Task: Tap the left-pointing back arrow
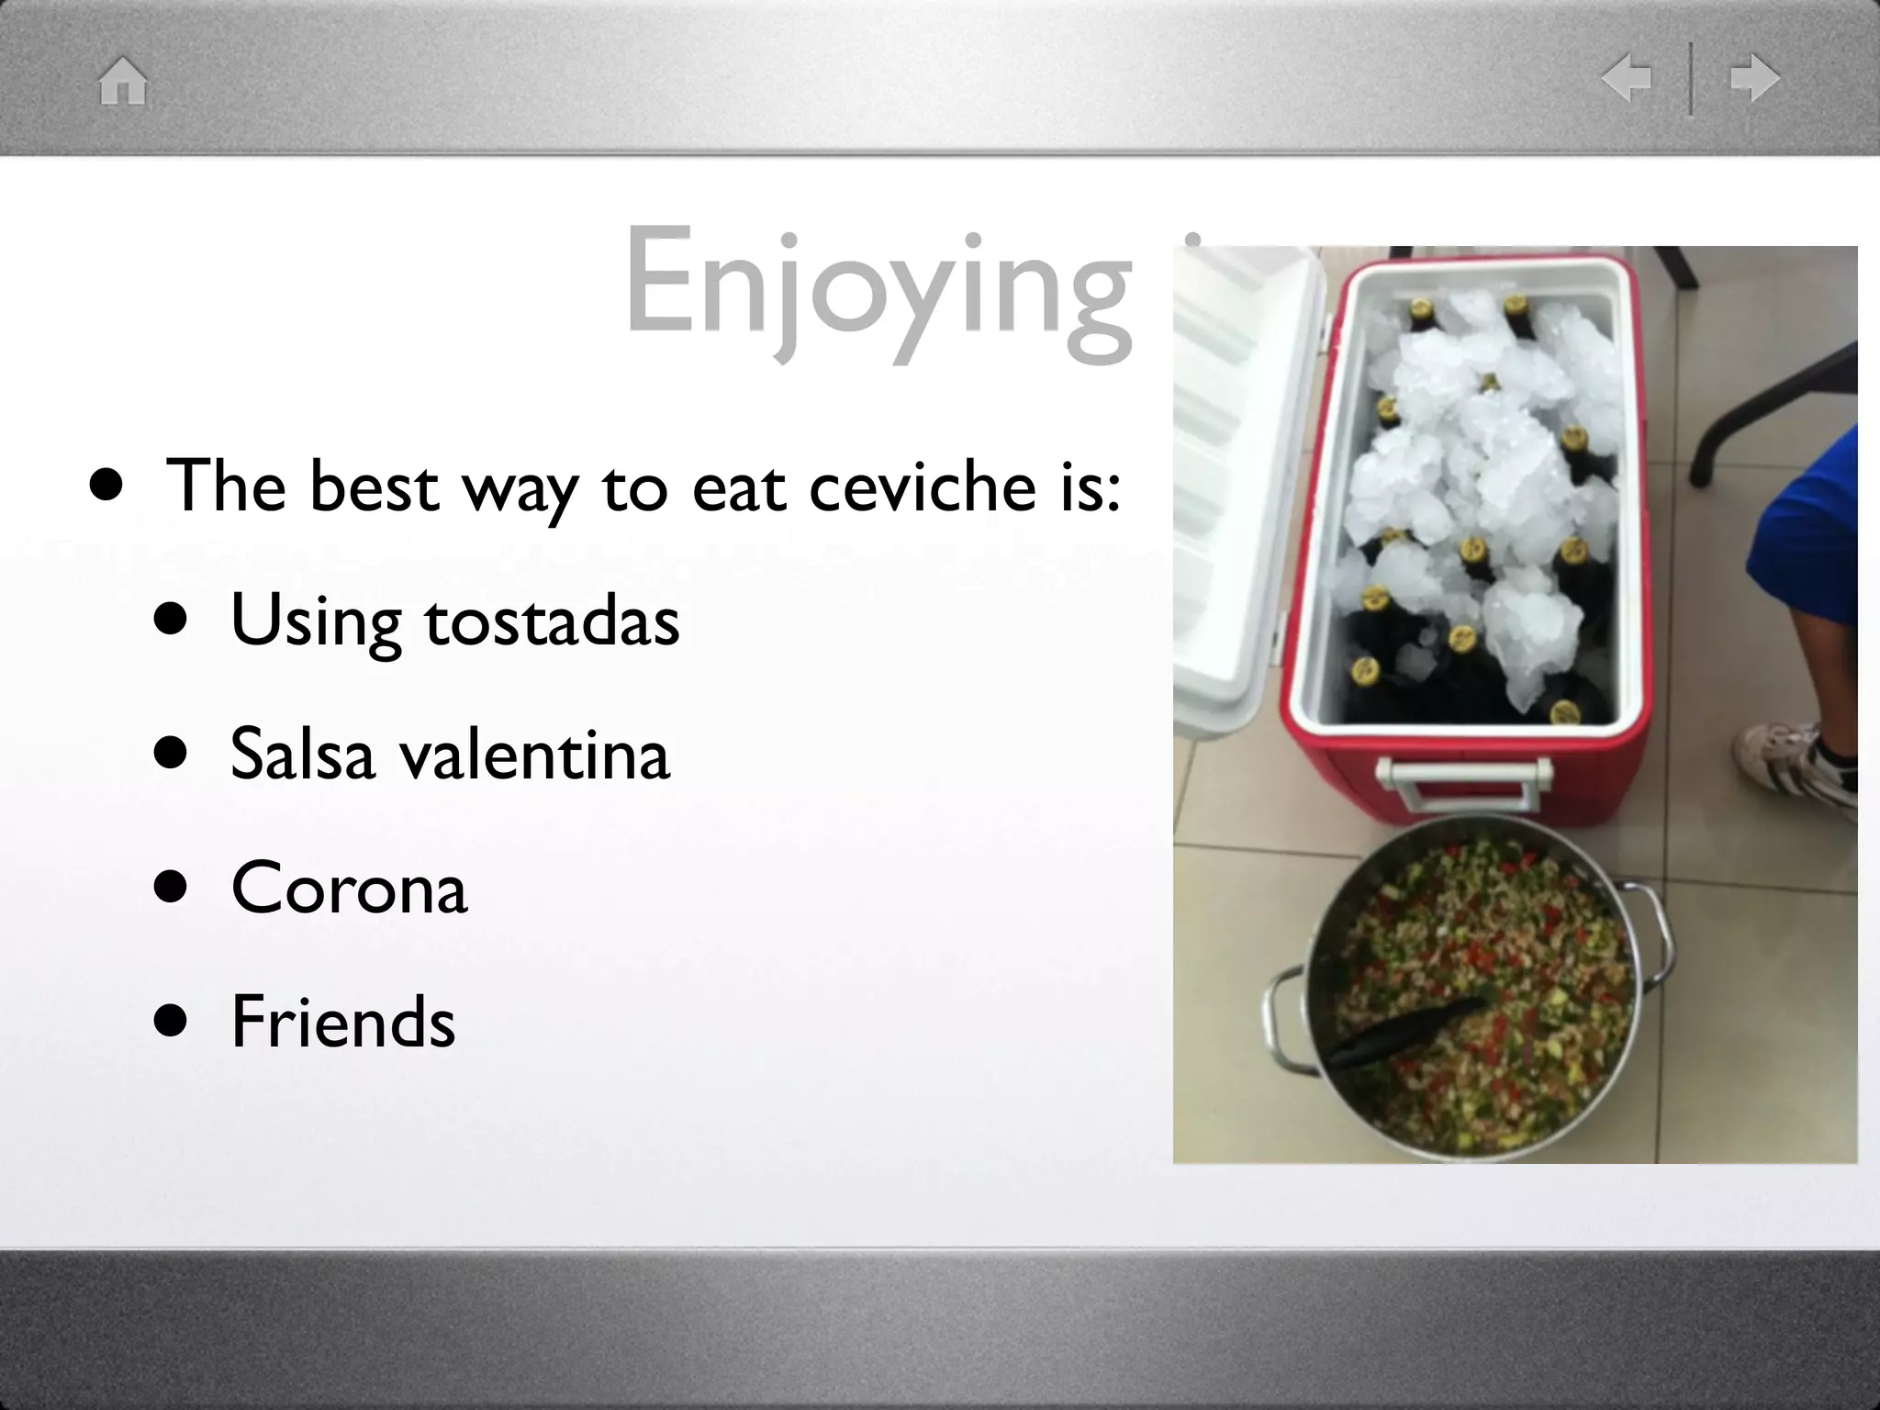(1627, 78)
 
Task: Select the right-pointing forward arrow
(1754, 78)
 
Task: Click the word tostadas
(552, 621)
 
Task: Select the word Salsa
(303, 755)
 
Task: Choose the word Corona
(349, 888)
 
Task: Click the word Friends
(343, 1021)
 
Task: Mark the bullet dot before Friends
(171, 1021)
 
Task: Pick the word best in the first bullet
(374, 487)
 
